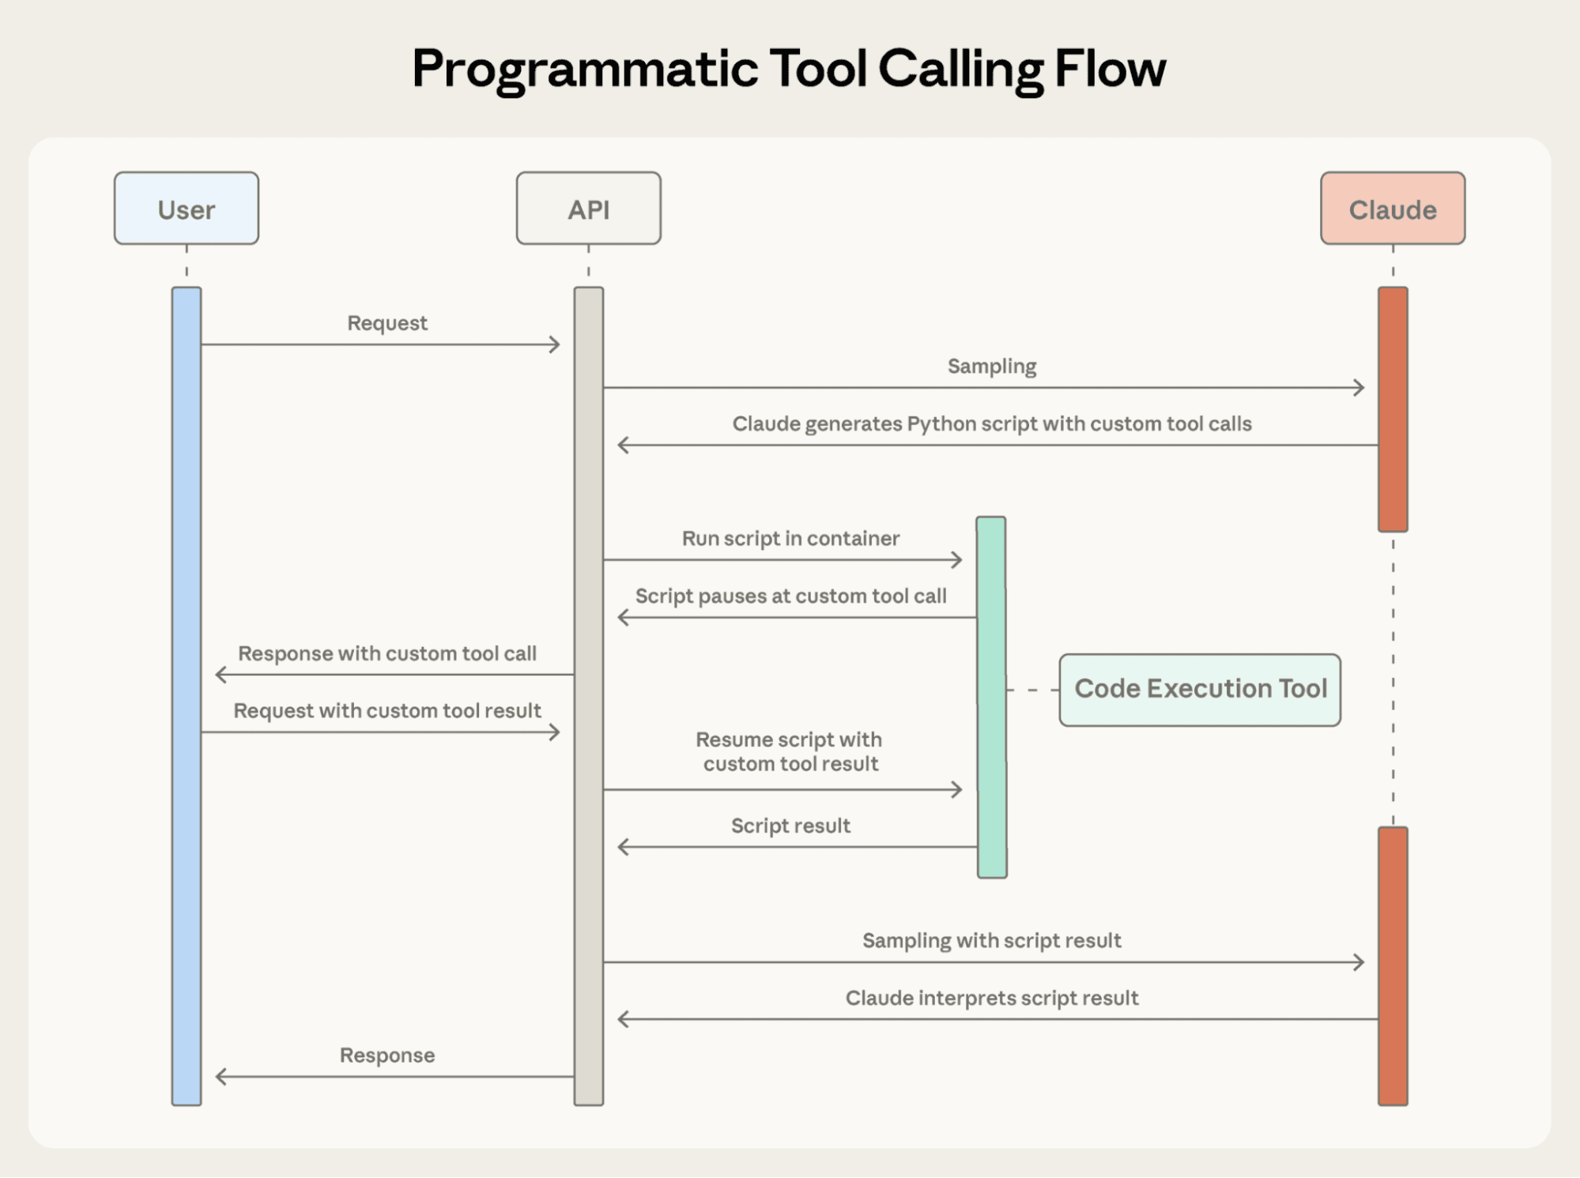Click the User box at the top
[x=186, y=209]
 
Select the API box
[x=588, y=209]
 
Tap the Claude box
[x=1392, y=209]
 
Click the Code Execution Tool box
[x=1199, y=689]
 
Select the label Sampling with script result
[x=991, y=940]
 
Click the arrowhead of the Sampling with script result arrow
[x=1359, y=962]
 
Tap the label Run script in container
[x=790, y=538]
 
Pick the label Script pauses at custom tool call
[x=790, y=596]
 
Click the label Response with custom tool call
[x=387, y=653]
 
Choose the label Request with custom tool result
[x=387, y=710]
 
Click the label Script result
[x=790, y=826]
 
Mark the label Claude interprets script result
[x=991, y=998]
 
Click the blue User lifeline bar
[x=187, y=695]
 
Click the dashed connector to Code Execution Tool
[x=1032, y=690]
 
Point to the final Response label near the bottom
[x=387, y=1056]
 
